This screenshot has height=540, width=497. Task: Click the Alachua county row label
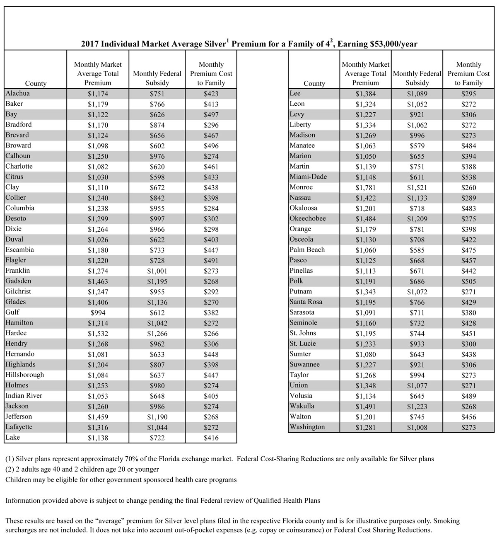tap(18, 94)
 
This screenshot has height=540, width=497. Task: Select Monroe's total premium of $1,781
tap(365, 188)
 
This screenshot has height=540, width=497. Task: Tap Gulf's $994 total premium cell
tap(98, 313)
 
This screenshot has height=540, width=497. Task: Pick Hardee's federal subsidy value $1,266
tap(157, 334)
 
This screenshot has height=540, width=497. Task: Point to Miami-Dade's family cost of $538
tap(468, 177)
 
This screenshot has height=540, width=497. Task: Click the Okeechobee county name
tap(308, 219)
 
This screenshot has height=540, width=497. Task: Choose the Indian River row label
tap(24, 396)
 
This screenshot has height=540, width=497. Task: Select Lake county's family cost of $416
tap(211, 438)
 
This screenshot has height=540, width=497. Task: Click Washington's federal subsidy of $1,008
tap(417, 428)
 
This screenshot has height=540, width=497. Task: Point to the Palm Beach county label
tap(307, 250)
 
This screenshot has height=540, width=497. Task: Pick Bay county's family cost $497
tap(211, 115)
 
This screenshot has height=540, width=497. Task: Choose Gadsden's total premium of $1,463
tap(98, 281)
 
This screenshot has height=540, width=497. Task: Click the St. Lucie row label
tap(303, 344)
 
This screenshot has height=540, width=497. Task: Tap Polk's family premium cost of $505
tap(468, 281)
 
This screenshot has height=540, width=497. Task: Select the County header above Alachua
tap(36, 83)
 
